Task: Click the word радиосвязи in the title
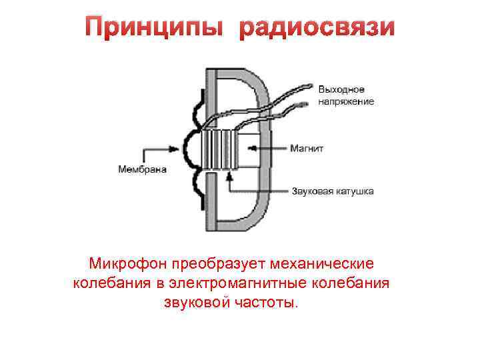[317, 27]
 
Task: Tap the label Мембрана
[143, 169]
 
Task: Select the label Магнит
[307, 148]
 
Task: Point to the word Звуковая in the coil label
[313, 191]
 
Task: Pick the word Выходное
[341, 89]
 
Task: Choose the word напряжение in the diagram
[346, 101]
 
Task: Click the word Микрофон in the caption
[127, 264]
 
